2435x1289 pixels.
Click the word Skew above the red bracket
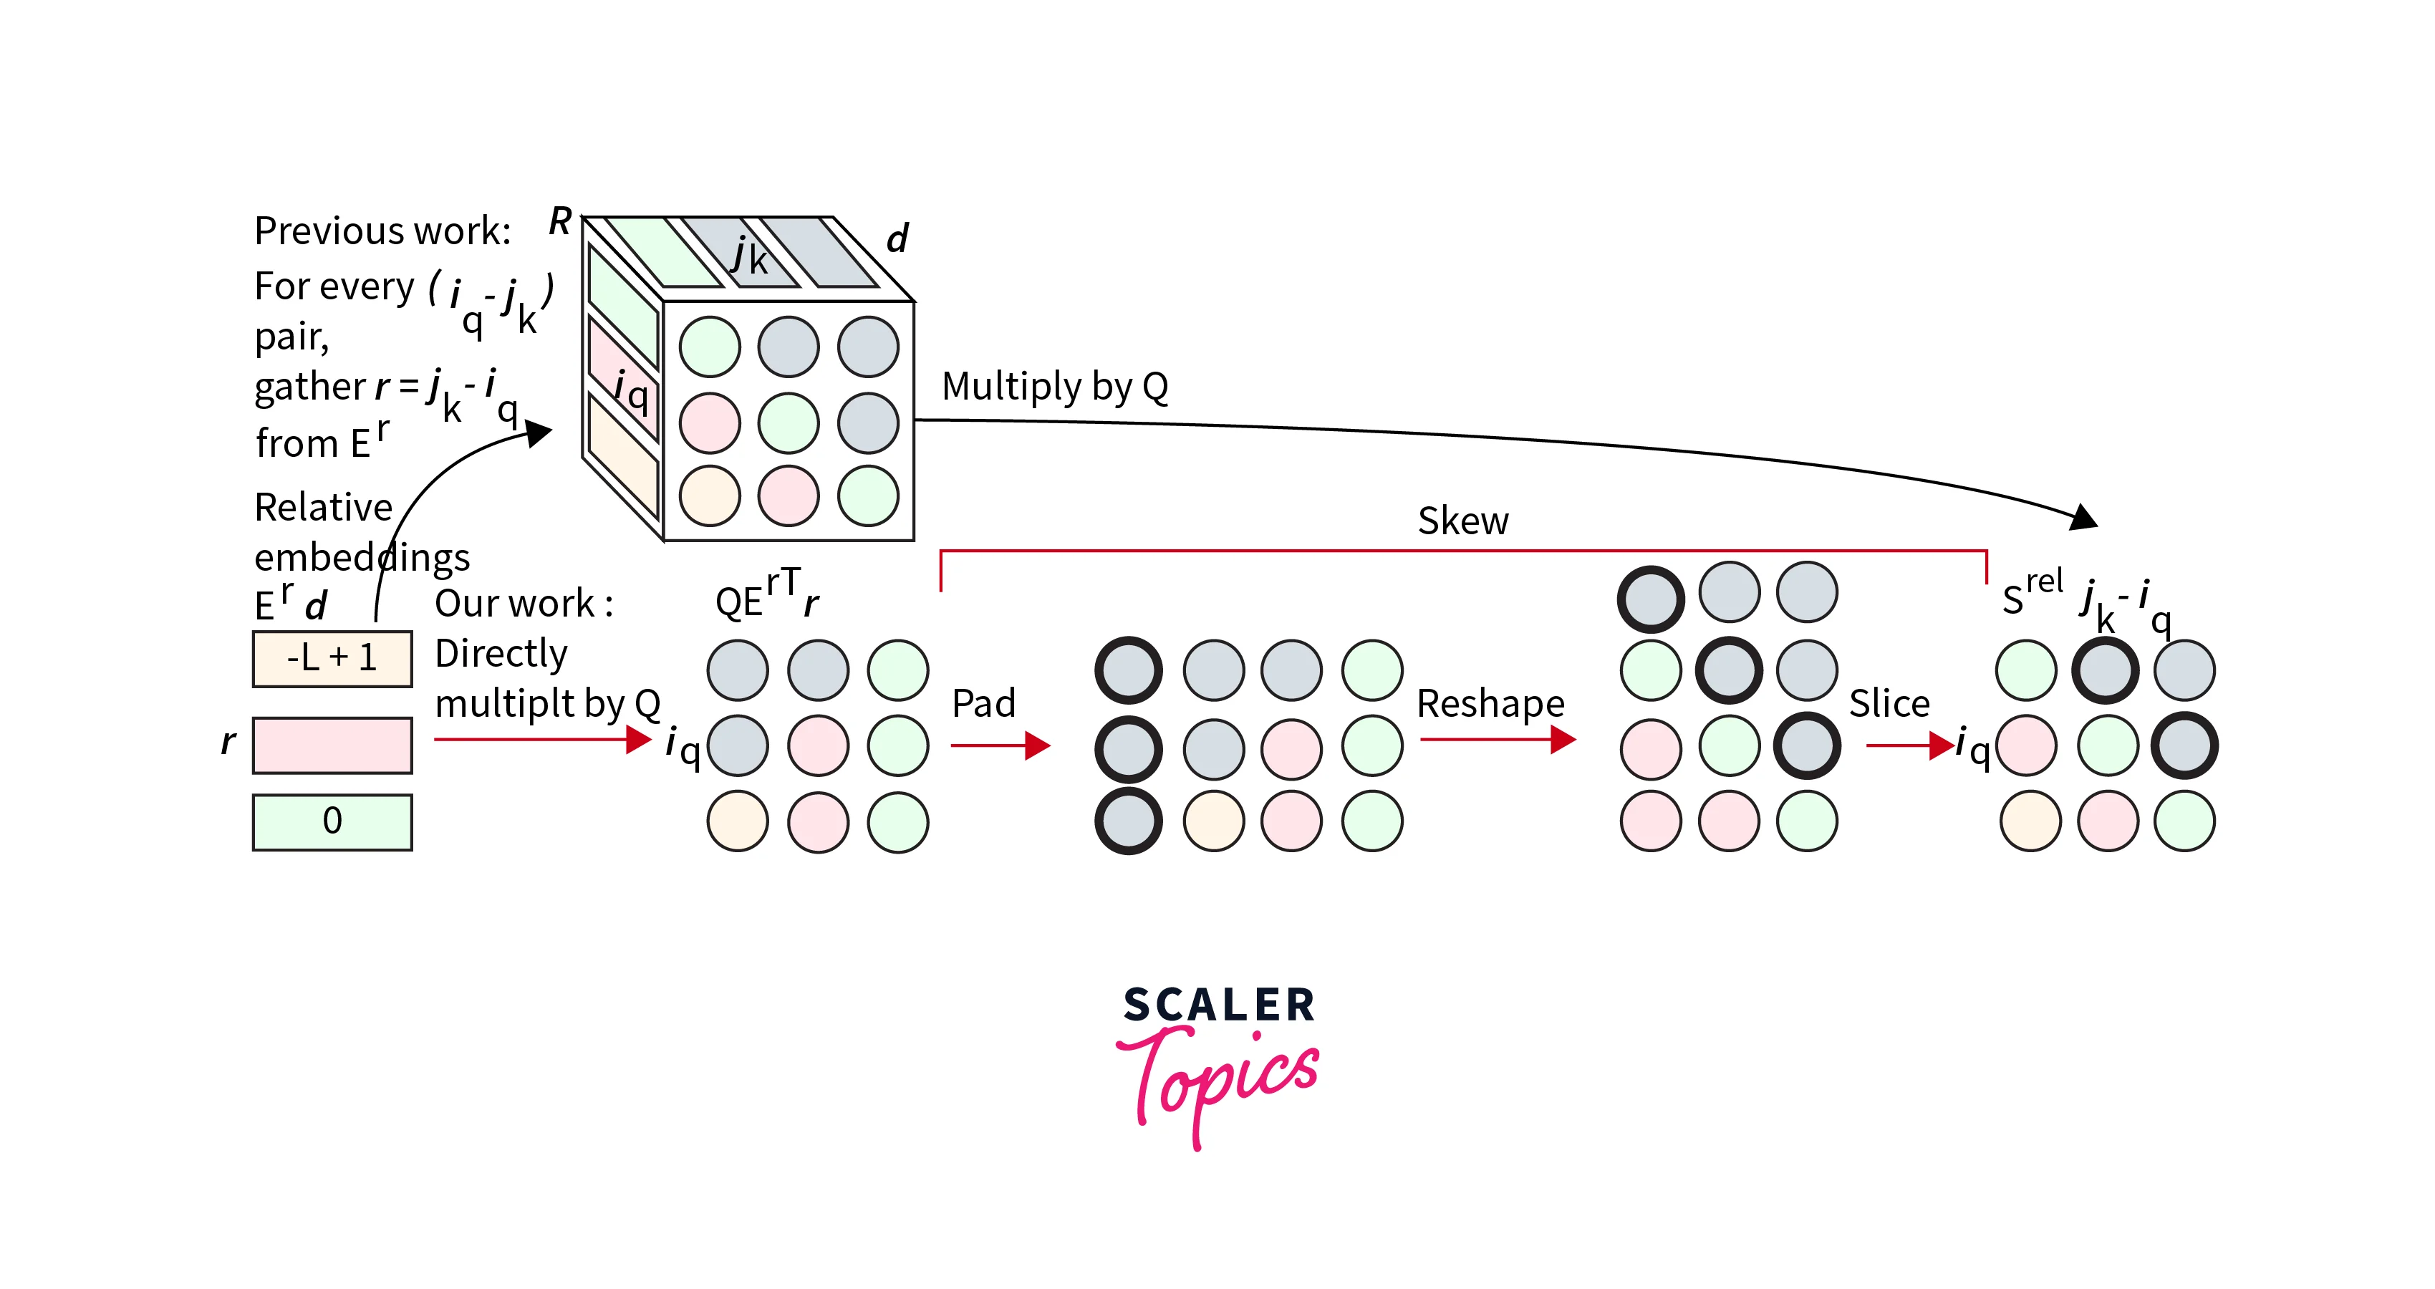click(1462, 521)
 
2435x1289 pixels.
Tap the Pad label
click(983, 703)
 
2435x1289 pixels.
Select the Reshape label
click(1490, 703)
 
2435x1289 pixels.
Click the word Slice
click(1889, 703)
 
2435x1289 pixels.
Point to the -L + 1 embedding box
click(332, 657)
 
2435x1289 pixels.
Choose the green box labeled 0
click(332, 821)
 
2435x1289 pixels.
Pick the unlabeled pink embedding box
click(332, 745)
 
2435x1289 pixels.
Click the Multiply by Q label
click(1055, 387)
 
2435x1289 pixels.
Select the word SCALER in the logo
click(1218, 1005)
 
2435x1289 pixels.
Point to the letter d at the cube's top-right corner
click(897, 238)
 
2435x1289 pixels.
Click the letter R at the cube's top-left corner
click(561, 221)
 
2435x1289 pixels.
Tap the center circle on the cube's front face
click(789, 423)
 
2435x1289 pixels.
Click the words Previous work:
click(383, 231)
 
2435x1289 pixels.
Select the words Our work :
click(524, 603)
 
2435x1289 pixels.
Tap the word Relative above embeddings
click(323, 508)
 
